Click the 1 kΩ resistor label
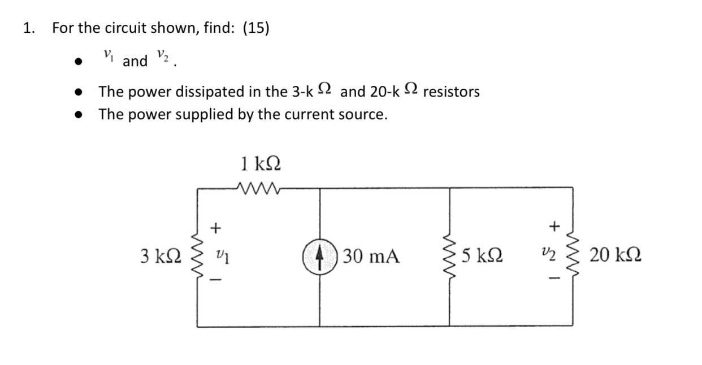pyautogui.click(x=261, y=164)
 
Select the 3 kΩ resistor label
pyautogui.click(x=159, y=257)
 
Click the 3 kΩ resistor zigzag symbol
pyautogui.click(x=197, y=257)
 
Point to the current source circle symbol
pyautogui.click(x=319, y=257)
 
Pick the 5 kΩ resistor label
pyautogui.click(x=482, y=257)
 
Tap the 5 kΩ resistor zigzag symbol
pyautogui.click(x=450, y=257)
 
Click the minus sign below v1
pyautogui.click(x=215, y=279)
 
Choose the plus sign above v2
pyautogui.click(x=555, y=227)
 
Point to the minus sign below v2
pyautogui.click(x=555, y=280)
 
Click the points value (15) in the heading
pyautogui.click(x=256, y=28)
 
